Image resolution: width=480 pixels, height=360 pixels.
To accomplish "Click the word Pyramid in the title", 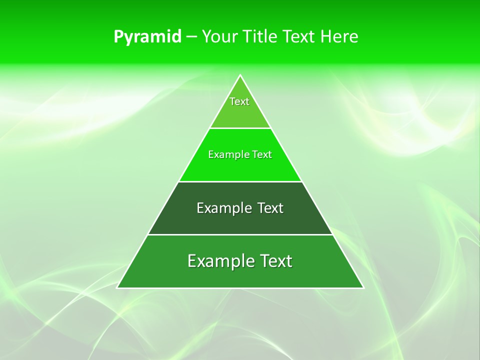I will click(147, 37).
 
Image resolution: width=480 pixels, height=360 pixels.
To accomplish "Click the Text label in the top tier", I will click(239, 101).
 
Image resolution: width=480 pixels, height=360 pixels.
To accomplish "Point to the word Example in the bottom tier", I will click(220, 261).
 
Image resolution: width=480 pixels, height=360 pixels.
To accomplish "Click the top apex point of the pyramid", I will click(240, 75).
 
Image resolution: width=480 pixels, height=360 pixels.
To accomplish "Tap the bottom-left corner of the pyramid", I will click(117, 287).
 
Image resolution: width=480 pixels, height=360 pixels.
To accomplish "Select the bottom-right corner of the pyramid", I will click(363, 287).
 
